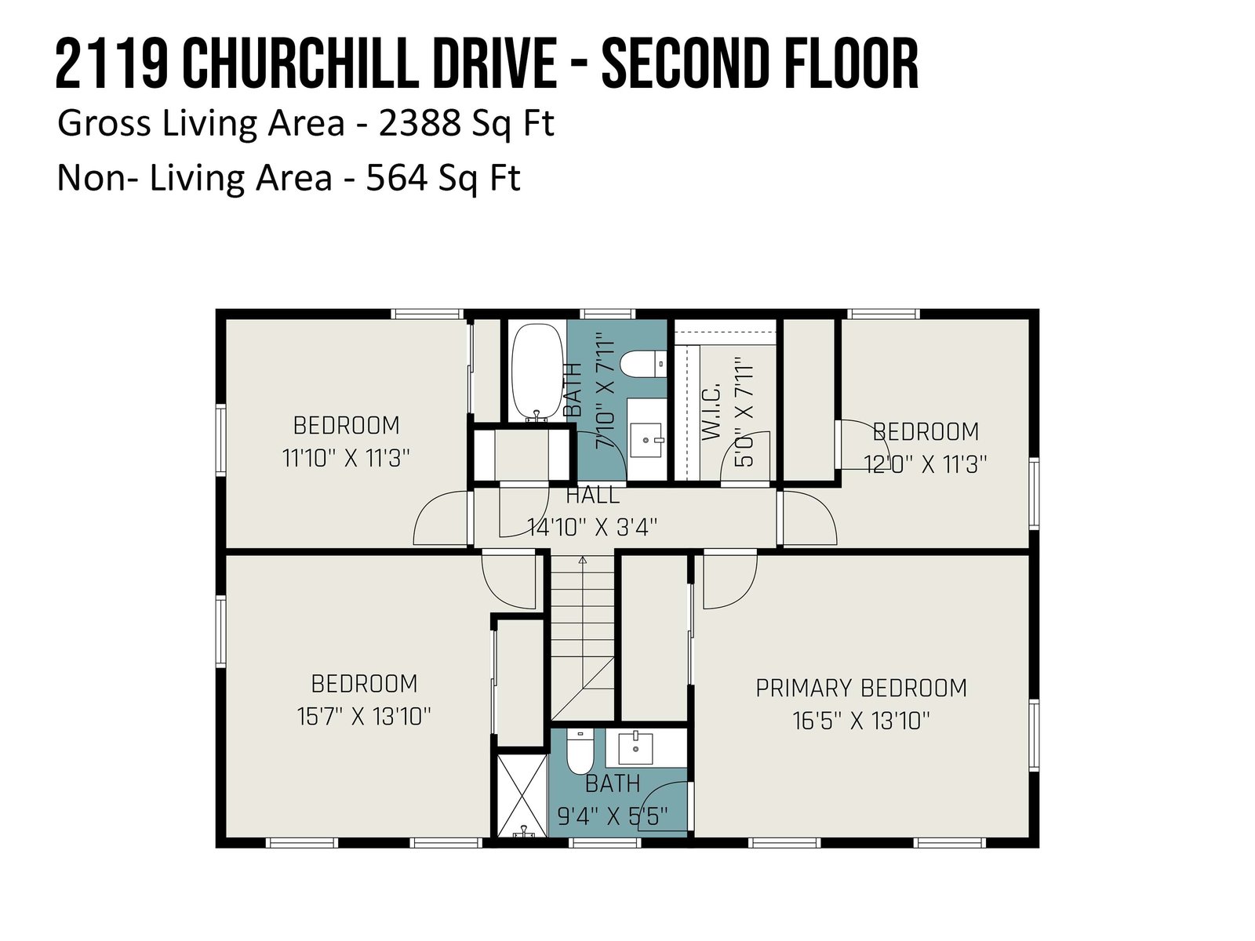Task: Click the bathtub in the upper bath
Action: (x=537, y=372)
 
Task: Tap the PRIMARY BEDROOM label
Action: (x=861, y=688)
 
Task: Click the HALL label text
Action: (x=592, y=495)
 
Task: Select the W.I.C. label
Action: (x=711, y=412)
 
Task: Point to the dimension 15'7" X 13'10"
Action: (x=364, y=716)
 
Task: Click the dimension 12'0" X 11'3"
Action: (x=925, y=464)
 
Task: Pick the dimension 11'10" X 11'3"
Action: (x=346, y=458)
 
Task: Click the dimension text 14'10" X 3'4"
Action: (x=591, y=527)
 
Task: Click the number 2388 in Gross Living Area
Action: (x=419, y=122)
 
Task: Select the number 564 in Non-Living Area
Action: (x=397, y=177)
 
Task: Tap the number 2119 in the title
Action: (x=112, y=64)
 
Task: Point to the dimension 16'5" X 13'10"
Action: (x=861, y=721)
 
